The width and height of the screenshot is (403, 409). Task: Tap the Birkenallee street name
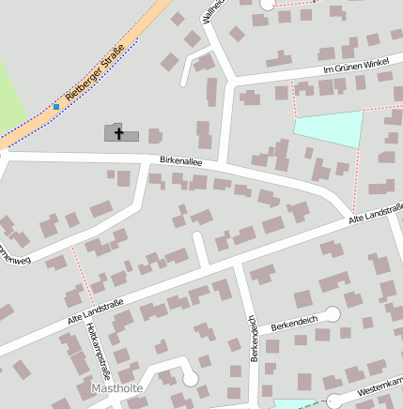point(181,161)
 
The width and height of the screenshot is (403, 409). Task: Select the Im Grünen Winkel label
point(355,67)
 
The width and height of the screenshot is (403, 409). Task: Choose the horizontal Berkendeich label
point(294,323)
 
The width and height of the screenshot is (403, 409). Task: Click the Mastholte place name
point(116,386)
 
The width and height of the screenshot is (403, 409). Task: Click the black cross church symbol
point(119,133)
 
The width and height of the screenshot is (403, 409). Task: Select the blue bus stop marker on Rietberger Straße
point(56,107)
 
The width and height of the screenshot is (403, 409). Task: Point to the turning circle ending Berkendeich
point(331,314)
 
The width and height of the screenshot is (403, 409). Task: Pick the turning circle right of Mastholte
point(191,379)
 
